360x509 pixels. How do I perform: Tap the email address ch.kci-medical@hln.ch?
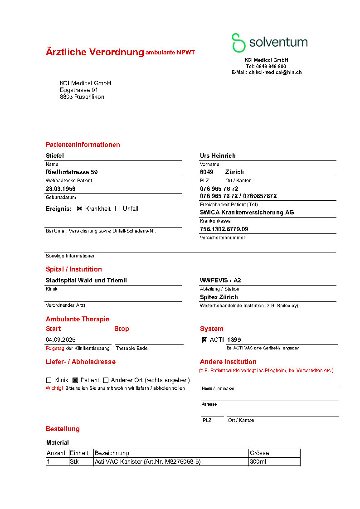pyautogui.click(x=275, y=72)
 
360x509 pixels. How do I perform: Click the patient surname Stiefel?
pyautogui.click(x=55, y=155)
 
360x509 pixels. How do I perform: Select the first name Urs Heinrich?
pyautogui.click(x=218, y=155)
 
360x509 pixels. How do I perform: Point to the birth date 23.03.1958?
pyautogui.click(x=60, y=189)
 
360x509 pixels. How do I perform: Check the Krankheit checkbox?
pyautogui.click(x=80, y=209)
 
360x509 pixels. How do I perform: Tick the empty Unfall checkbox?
pyautogui.click(x=117, y=209)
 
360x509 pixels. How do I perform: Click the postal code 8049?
pyautogui.click(x=206, y=172)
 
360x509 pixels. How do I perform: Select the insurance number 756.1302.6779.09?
pyautogui.click(x=224, y=229)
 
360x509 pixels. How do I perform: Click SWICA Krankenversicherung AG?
pyautogui.click(x=247, y=213)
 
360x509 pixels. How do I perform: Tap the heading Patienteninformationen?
pyautogui.click(x=83, y=145)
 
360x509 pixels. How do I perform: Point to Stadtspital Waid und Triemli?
pyautogui.click(x=86, y=281)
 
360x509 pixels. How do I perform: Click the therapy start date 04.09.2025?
pyautogui.click(x=61, y=340)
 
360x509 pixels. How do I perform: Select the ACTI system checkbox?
pyautogui.click(x=204, y=340)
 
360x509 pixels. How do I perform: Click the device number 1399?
pyautogui.click(x=234, y=340)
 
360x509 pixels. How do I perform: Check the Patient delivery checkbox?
pyautogui.click(x=75, y=380)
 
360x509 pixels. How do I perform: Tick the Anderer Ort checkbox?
pyautogui.click(x=106, y=380)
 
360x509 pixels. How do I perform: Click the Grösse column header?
pyautogui.click(x=259, y=453)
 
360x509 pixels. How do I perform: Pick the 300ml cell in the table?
pyautogui.click(x=258, y=462)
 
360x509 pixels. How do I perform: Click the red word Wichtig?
pyautogui.click(x=54, y=388)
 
